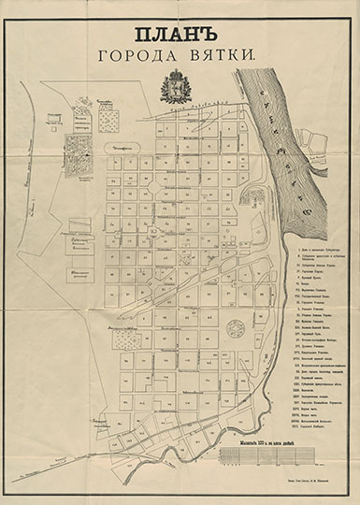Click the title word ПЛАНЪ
pos(180,36)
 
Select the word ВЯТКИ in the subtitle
pos(221,57)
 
